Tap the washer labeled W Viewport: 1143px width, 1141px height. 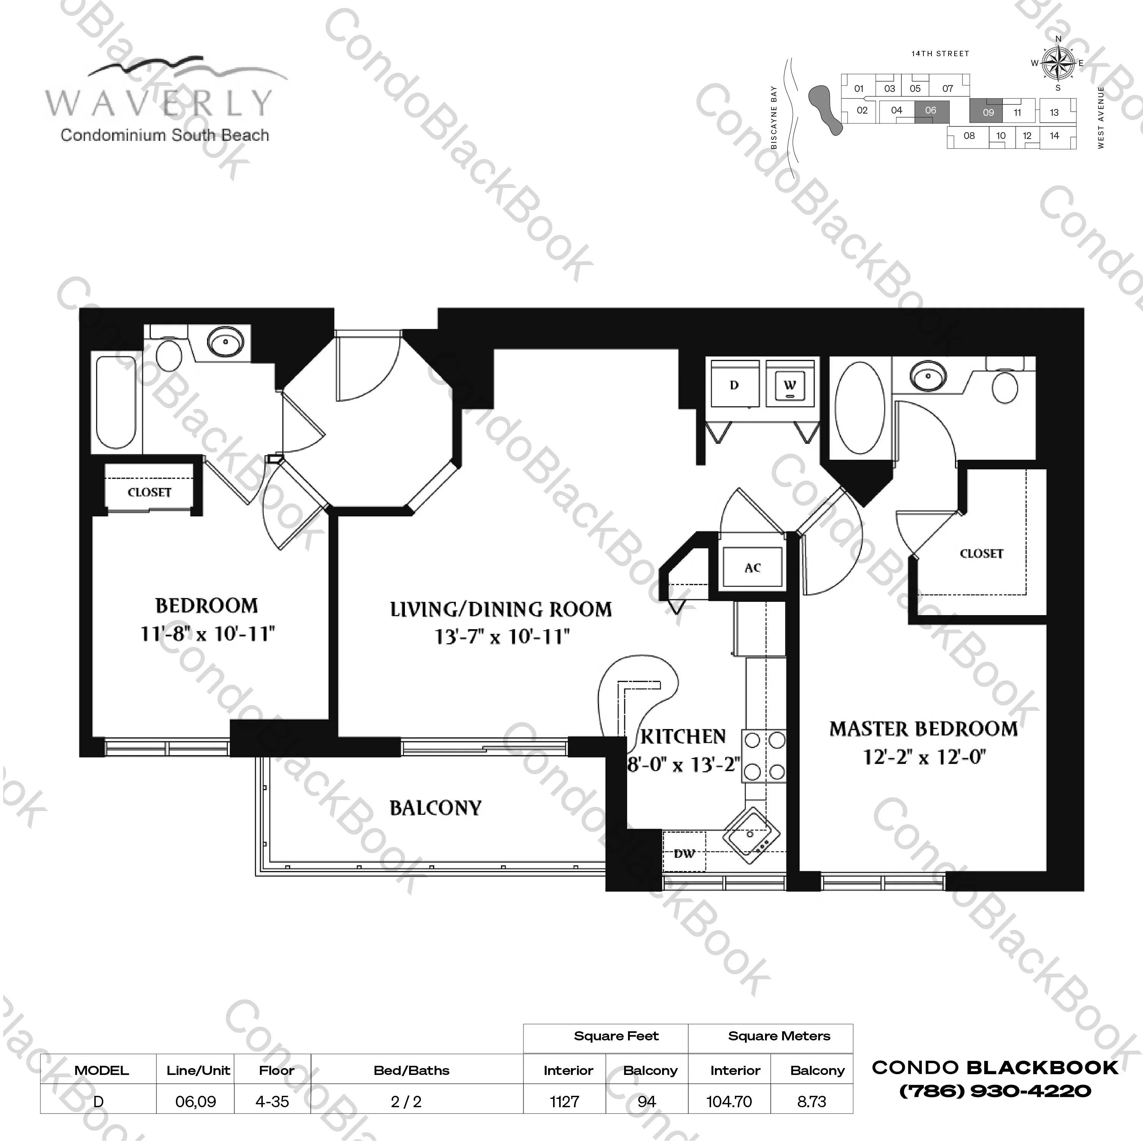click(x=790, y=385)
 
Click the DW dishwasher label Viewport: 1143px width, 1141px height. click(x=684, y=854)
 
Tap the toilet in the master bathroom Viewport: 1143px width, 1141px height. click(x=1005, y=386)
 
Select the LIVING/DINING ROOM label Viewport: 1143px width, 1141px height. click(x=501, y=609)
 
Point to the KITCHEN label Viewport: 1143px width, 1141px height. click(x=683, y=736)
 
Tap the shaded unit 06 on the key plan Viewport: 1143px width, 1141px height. click(x=931, y=110)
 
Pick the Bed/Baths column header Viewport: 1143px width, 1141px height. click(x=411, y=1070)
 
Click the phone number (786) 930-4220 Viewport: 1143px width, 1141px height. click(x=995, y=1091)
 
